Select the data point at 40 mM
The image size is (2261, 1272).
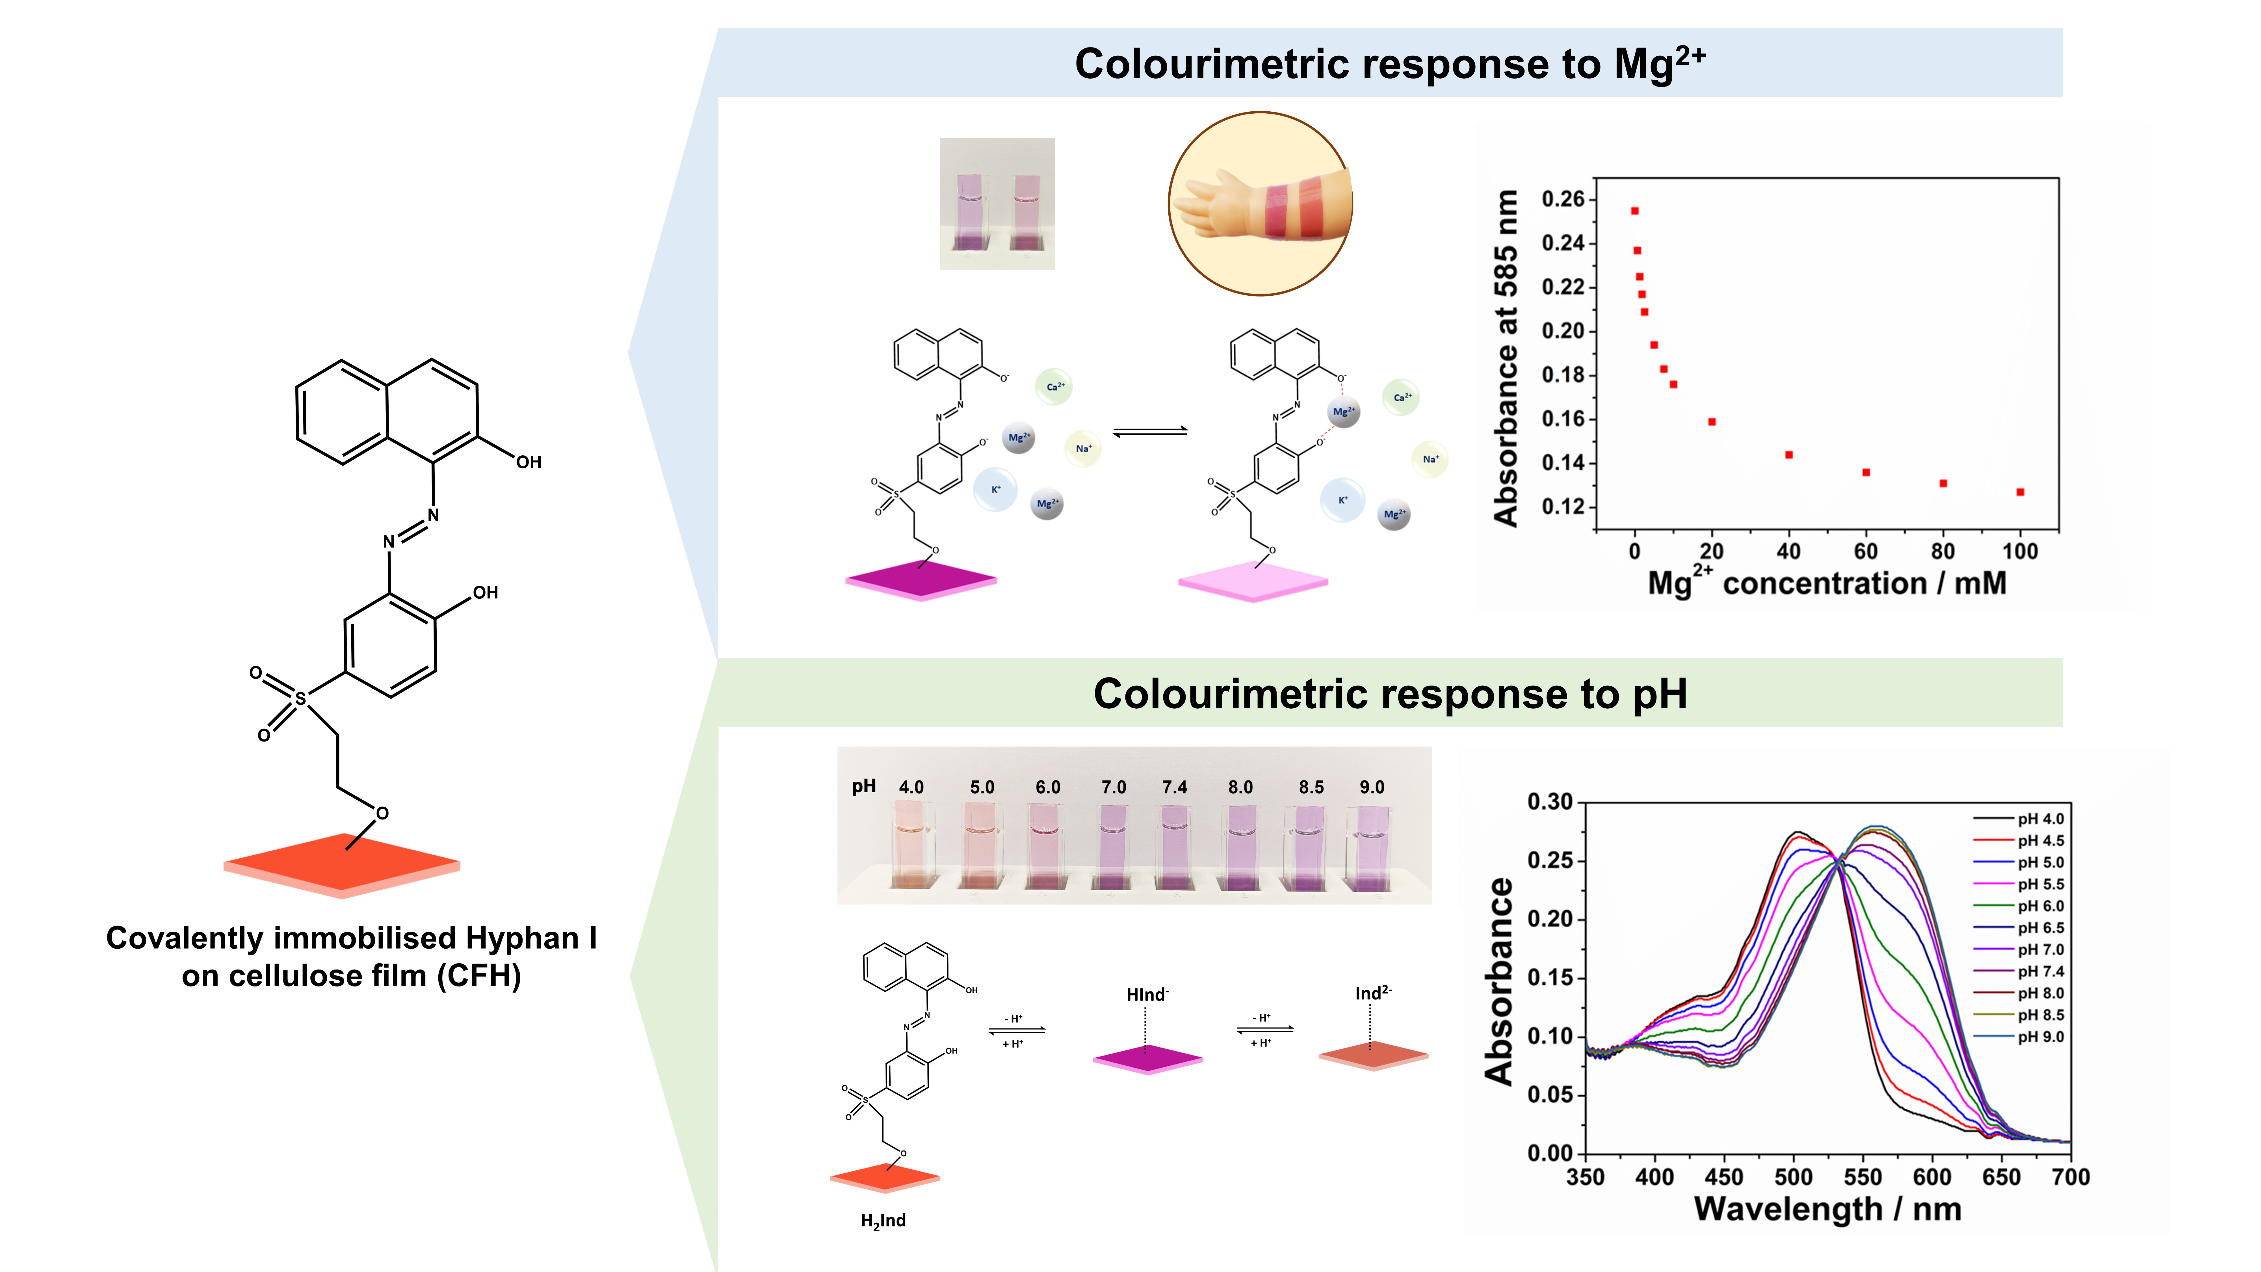point(1789,455)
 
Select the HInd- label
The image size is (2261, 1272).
point(1147,995)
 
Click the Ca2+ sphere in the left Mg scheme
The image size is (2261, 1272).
point(1054,386)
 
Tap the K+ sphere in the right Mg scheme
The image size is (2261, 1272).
point(1342,500)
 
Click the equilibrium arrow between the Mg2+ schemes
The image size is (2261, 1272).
point(1150,431)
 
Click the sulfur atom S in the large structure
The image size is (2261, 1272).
point(300,700)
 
